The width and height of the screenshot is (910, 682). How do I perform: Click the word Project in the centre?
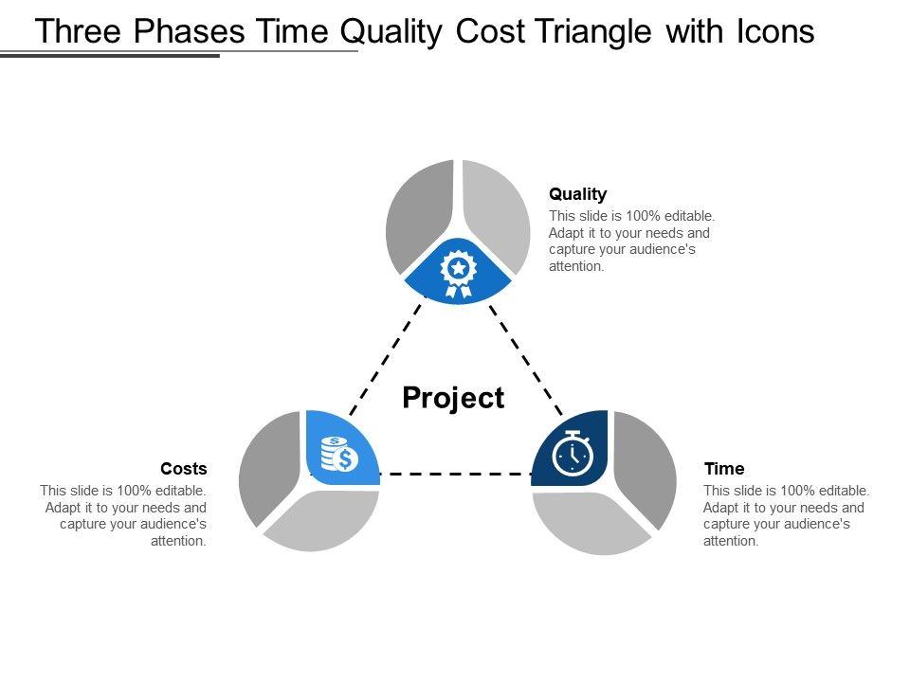[x=453, y=398]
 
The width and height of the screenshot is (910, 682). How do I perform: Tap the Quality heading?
[x=577, y=194]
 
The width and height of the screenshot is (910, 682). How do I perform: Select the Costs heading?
[x=184, y=469]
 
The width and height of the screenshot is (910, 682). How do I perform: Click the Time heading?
[x=724, y=469]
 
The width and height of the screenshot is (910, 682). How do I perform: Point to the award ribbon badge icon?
[x=459, y=272]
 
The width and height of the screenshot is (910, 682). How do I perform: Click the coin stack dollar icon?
[x=338, y=455]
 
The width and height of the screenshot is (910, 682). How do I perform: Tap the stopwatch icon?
[x=573, y=453]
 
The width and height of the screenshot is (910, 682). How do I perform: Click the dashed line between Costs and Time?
[x=455, y=473]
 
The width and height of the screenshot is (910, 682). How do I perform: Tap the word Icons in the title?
[x=774, y=32]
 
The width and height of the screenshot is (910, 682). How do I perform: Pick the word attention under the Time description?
[x=730, y=542]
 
